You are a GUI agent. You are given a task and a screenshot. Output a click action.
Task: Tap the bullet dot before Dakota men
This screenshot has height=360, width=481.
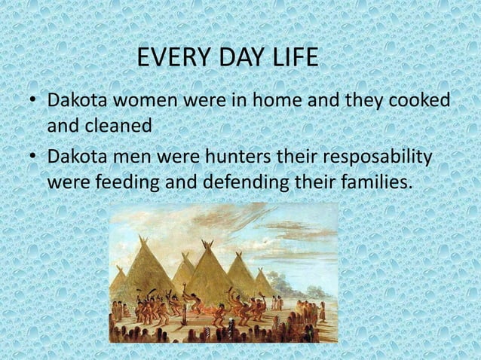click(32, 158)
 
